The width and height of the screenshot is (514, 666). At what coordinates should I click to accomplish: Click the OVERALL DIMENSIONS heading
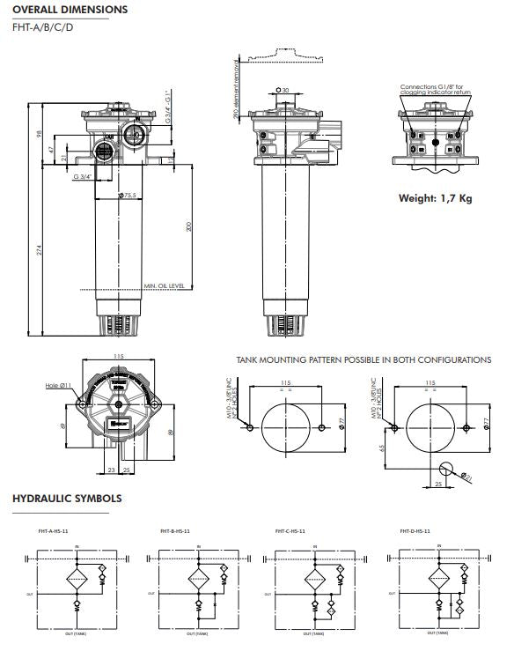[70, 10]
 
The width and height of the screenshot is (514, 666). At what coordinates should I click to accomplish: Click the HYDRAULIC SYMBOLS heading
[67, 499]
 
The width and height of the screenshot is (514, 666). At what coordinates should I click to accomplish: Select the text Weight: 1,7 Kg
[435, 198]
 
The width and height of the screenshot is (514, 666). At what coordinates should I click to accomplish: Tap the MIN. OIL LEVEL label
[164, 286]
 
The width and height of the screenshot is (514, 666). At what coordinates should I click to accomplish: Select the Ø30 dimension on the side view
[282, 90]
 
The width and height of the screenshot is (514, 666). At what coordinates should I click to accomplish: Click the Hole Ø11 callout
[58, 386]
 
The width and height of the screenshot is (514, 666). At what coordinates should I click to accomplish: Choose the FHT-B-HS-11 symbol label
[175, 531]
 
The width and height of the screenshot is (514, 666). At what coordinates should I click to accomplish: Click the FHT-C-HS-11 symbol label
[290, 531]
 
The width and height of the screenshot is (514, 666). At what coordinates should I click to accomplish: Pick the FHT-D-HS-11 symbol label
[414, 531]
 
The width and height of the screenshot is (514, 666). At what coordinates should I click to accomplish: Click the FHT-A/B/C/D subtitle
[43, 27]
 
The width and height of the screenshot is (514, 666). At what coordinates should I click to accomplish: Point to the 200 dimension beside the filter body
[188, 226]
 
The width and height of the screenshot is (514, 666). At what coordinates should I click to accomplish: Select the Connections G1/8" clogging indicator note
[436, 90]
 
